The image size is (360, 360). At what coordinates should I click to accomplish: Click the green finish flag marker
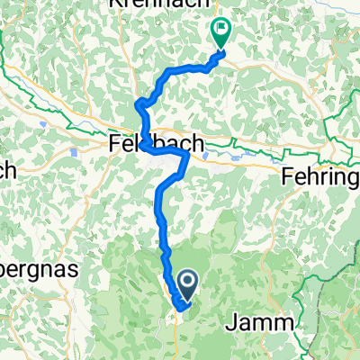[220, 32]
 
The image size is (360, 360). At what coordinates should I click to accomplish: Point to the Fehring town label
[320, 175]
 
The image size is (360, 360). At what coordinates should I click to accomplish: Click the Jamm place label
[265, 323]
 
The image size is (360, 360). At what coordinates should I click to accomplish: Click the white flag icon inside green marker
[220, 29]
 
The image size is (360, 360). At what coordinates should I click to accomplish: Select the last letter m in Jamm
[286, 323]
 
